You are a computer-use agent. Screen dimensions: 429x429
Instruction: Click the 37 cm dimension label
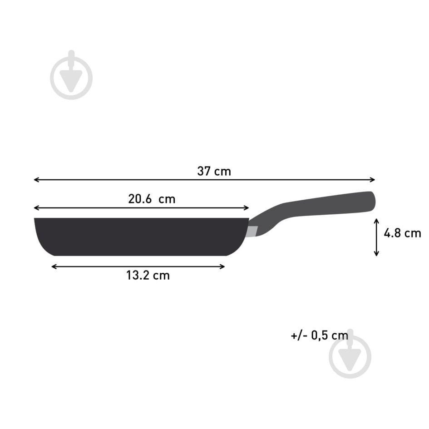pos(214,172)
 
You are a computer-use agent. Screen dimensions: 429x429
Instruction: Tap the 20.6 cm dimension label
pos(151,199)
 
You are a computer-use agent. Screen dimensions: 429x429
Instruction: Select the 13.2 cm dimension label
pos(148,275)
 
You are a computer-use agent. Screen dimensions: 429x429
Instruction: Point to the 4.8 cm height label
pos(402,233)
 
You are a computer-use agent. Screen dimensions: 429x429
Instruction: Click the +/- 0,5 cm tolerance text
pos(320,336)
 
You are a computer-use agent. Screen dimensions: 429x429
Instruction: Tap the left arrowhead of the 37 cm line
pos(36,180)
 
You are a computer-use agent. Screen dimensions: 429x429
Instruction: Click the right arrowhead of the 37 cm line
pos(374,180)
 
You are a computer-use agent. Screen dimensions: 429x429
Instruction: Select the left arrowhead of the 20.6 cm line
pos(36,208)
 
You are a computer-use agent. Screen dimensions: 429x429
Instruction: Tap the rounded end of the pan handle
pos(372,201)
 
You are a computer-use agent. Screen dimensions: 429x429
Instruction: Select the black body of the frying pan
pos(141,236)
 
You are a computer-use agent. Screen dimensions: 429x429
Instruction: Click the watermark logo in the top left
pos(71,75)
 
